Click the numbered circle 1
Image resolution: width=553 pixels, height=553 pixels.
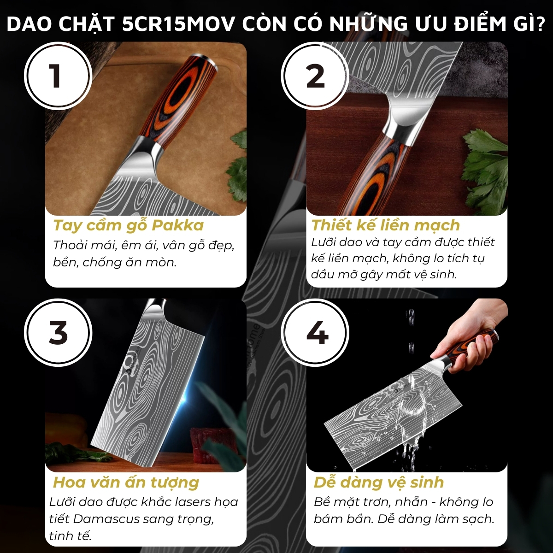(x=58, y=76)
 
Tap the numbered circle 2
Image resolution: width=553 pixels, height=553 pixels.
(x=315, y=76)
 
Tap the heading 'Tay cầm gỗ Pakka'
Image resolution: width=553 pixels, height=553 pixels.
(x=128, y=225)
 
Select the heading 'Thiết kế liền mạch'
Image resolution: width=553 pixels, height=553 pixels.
(x=385, y=225)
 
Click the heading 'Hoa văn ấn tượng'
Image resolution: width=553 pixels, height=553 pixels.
(x=126, y=482)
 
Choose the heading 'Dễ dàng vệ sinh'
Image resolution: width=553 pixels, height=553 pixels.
(x=378, y=482)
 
